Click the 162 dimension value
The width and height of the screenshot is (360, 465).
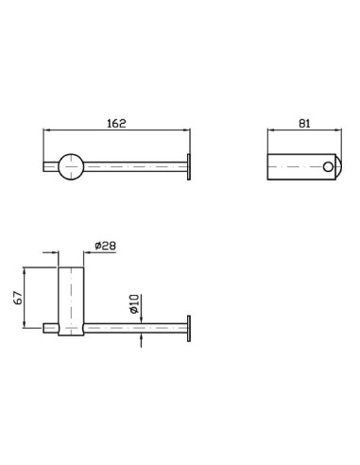click(116, 123)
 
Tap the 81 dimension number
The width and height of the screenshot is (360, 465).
click(304, 123)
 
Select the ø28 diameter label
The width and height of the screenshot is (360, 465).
click(105, 246)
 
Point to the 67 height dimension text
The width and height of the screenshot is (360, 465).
click(18, 298)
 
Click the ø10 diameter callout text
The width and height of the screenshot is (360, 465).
click(134, 303)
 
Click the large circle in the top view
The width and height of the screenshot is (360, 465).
click(71, 167)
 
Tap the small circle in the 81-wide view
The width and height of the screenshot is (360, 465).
click(328, 167)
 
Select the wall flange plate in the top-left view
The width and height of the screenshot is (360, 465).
click(189, 167)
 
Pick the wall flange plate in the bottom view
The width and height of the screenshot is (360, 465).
click(189, 328)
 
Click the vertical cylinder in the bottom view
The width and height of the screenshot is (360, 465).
click(71, 301)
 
